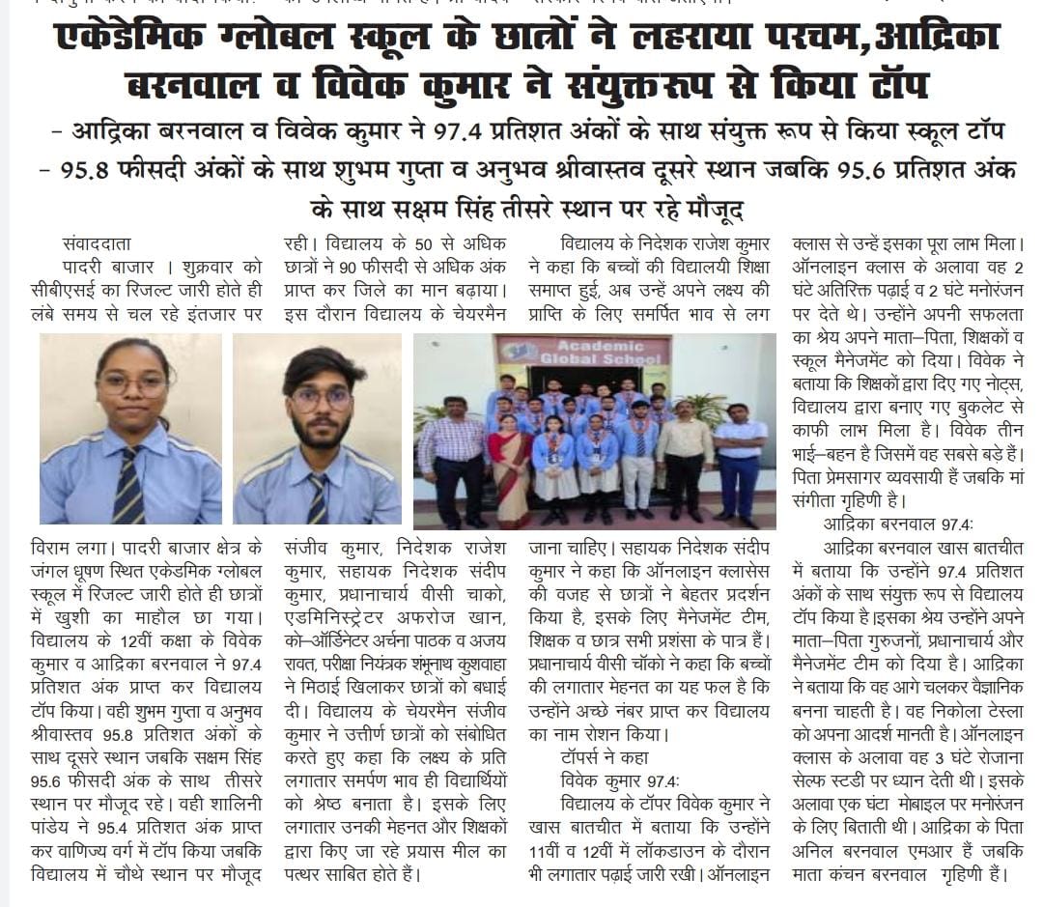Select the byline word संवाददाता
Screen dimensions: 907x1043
point(96,244)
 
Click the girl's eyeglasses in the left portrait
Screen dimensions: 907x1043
point(133,384)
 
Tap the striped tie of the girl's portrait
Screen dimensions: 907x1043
point(127,488)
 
